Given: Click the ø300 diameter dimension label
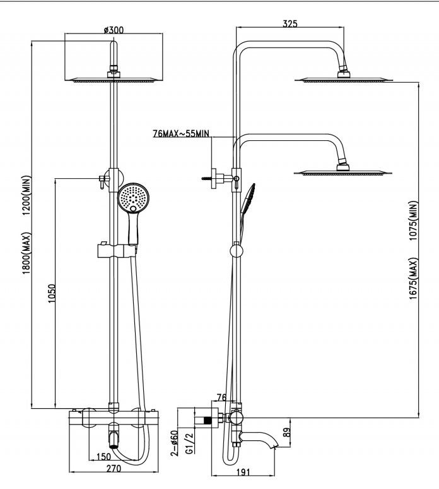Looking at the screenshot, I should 113,29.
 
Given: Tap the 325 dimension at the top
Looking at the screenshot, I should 290,23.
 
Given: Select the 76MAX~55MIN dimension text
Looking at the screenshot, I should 180,134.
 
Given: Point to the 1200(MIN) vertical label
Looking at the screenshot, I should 27,195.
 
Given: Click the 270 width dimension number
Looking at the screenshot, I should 114,469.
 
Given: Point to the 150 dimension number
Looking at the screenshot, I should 103,457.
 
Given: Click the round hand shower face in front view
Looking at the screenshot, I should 133,198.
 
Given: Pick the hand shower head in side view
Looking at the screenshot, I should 250,193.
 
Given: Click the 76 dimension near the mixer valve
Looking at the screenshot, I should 221,397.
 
